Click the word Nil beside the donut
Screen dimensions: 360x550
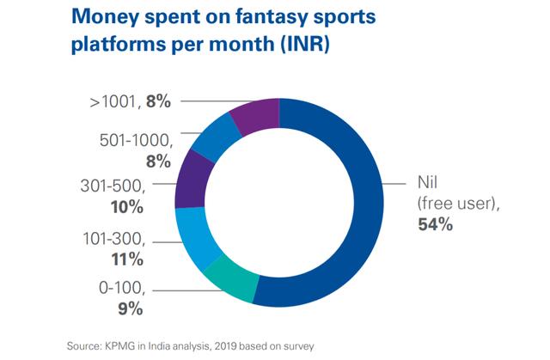[x=417, y=184]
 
